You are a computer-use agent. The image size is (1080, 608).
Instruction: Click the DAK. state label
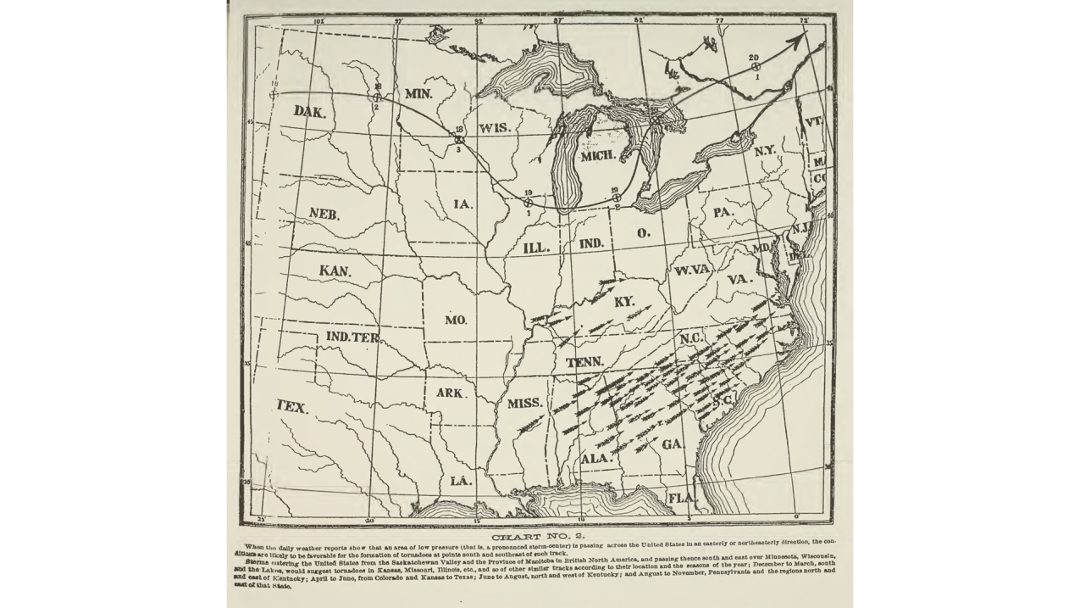click(309, 111)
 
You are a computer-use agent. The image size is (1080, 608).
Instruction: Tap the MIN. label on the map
click(418, 93)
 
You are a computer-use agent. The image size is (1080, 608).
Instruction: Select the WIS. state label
click(494, 128)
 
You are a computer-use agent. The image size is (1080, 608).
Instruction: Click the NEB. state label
click(324, 214)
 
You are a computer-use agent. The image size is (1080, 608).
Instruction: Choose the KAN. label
click(335, 271)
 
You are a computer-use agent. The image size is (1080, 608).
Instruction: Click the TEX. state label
click(291, 407)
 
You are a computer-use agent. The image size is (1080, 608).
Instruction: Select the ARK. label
click(451, 393)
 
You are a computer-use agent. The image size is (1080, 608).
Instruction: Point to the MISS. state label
click(525, 404)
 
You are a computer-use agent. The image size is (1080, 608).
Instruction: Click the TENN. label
click(584, 362)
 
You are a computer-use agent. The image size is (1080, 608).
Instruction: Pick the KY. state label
click(624, 302)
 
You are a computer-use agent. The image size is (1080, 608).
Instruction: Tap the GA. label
click(673, 444)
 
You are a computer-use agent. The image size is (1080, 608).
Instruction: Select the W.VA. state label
click(693, 271)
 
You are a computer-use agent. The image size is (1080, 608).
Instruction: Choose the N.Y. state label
click(765, 150)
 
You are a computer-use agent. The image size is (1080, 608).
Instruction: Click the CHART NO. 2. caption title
click(538, 536)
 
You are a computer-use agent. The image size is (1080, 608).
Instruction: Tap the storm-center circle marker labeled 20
click(754, 66)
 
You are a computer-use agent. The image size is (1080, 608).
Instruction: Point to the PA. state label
click(723, 212)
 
